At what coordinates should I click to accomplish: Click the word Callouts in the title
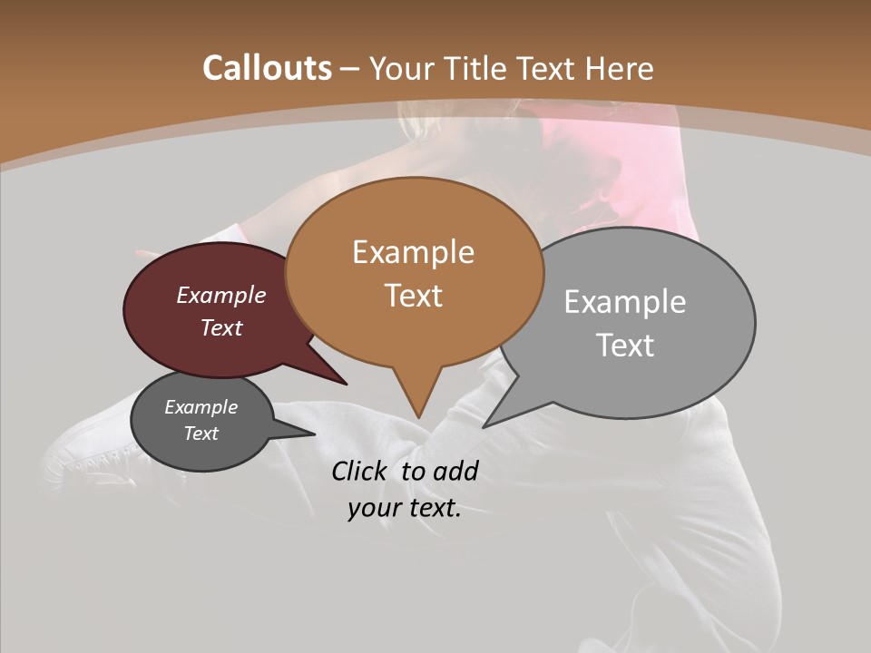tap(267, 68)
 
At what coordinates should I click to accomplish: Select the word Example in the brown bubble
tap(413, 252)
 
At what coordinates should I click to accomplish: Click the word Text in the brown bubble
tap(413, 296)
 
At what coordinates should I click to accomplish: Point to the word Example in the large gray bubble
tap(625, 302)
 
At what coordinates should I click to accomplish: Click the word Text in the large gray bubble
tap(625, 346)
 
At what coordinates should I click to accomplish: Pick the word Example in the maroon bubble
tap(221, 295)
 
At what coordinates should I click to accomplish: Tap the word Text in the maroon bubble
tap(221, 327)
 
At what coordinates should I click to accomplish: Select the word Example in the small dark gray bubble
tap(201, 407)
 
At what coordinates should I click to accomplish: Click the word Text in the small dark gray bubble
tap(201, 434)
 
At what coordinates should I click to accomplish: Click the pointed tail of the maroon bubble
tap(346, 384)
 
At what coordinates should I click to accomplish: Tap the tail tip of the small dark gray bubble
tap(314, 434)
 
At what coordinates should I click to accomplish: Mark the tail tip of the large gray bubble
tap(484, 426)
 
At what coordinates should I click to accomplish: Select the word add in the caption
tap(455, 471)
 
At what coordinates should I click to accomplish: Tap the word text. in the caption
tap(431, 509)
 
